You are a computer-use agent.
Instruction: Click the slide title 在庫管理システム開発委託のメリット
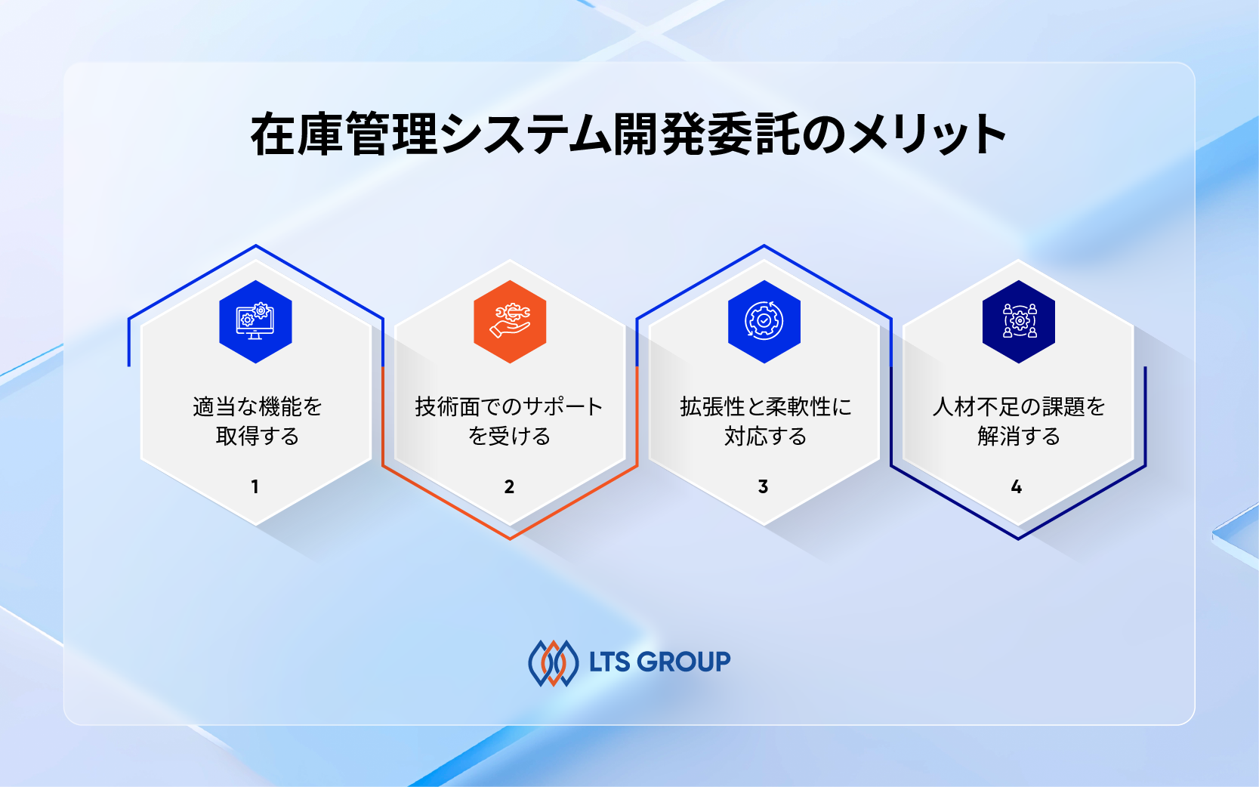coord(628,134)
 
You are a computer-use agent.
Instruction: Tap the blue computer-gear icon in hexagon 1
coord(255,322)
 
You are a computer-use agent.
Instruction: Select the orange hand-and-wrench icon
coord(510,322)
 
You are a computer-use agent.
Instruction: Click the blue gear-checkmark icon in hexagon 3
coord(764,322)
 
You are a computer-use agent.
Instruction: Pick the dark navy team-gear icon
coord(1018,322)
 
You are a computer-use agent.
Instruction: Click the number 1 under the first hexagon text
coord(255,487)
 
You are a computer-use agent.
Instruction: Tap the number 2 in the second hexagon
coord(510,487)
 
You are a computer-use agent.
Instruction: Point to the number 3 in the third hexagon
coord(764,487)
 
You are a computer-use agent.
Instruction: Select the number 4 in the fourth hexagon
coord(1017,487)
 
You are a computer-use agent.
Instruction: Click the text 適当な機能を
coord(258,407)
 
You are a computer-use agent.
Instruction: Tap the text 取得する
coord(258,437)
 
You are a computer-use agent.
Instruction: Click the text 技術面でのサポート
coord(509,407)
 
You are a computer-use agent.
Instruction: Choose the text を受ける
coord(509,437)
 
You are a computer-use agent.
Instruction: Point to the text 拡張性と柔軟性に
coord(765,407)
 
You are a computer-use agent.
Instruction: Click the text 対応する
coord(765,437)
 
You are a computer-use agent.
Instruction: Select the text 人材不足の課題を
coord(1019,407)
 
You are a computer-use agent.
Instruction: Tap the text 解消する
coord(1019,437)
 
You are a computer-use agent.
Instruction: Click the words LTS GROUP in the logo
coord(659,662)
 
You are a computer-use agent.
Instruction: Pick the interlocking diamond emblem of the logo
coord(554,663)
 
